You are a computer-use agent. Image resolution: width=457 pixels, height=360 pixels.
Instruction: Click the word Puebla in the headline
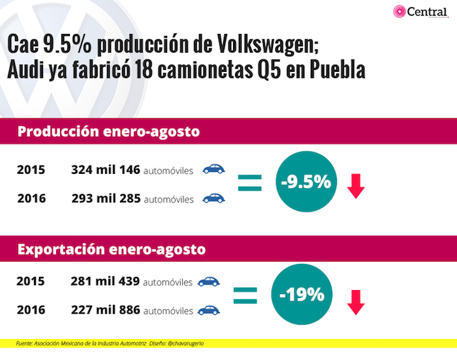tap(332, 71)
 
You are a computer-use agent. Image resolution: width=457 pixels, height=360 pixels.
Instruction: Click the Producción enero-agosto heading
tap(108, 131)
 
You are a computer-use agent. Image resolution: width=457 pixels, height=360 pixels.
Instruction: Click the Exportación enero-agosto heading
tap(111, 249)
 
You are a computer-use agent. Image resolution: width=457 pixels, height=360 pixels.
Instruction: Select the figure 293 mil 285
tap(106, 199)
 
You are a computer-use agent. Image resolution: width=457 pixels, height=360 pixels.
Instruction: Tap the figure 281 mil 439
tap(105, 282)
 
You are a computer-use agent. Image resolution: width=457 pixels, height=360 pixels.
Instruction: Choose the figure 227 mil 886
tap(105, 310)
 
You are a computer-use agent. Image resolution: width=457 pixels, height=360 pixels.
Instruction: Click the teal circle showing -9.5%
tap(306, 183)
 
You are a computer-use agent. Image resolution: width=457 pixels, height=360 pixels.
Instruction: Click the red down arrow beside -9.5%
tap(356, 186)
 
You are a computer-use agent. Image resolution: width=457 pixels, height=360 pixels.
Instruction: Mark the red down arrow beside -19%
tap(355, 302)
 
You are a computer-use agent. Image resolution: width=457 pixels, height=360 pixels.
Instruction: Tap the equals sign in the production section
tap(249, 182)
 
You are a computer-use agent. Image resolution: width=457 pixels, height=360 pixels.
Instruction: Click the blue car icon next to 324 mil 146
tap(213, 170)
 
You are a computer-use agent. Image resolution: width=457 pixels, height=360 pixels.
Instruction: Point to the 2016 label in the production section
tap(31, 199)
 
